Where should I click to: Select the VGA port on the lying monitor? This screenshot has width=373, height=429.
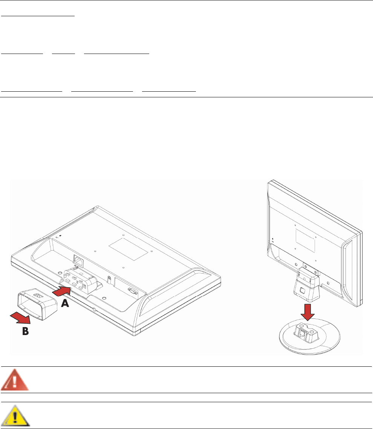pyautogui.click(x=132, y=291)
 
